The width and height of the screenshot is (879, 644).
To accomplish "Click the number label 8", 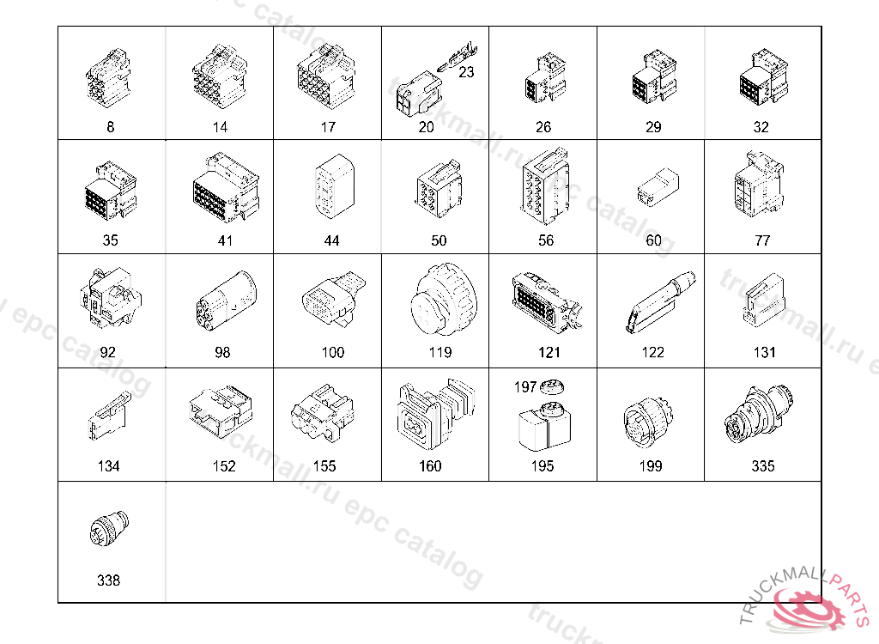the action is coord(111,127).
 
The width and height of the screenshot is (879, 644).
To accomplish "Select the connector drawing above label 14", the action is coord(219,76).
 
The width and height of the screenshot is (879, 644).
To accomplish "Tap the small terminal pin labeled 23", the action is coord(457,57).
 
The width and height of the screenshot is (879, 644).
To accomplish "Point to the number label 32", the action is coord(761,127).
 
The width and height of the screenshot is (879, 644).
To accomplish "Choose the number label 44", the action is coord(332,240).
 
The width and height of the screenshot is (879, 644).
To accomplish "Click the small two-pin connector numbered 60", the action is coord(658,185).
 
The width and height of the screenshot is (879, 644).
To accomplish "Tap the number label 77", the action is coord(762,240).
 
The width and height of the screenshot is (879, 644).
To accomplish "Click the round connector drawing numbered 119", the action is coord(444,300).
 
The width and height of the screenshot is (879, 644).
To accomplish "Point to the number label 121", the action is coord(549,352).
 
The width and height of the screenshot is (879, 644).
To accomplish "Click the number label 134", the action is coord(109,466).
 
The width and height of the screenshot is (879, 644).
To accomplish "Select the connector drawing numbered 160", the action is coord(435,415).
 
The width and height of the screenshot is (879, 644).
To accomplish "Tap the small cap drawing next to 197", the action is coord(552,387).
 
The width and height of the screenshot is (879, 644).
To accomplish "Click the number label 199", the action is coord(651,466).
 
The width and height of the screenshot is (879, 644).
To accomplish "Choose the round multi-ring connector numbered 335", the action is coord(758,415).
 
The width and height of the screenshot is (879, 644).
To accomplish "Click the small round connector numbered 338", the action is coord(109,528).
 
